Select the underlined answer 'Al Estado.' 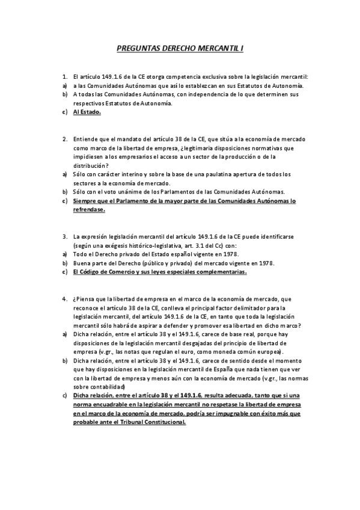87,112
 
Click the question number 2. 64,139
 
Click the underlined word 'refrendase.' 88,210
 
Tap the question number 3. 64,237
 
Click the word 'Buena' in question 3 81,263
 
